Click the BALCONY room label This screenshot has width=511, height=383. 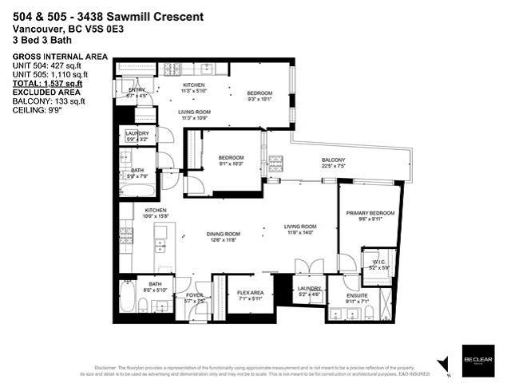click(x=333, y=160)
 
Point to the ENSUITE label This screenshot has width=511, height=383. click(x=357, y=296)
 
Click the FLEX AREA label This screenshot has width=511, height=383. click(x=250, y=293)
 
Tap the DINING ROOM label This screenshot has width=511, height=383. click(x=224, y=233)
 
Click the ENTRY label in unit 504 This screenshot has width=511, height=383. click(x=137, y=90)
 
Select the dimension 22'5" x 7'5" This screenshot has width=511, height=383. click(x=333, y=168)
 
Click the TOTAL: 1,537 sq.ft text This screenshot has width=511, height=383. click(x=47, y=82)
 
